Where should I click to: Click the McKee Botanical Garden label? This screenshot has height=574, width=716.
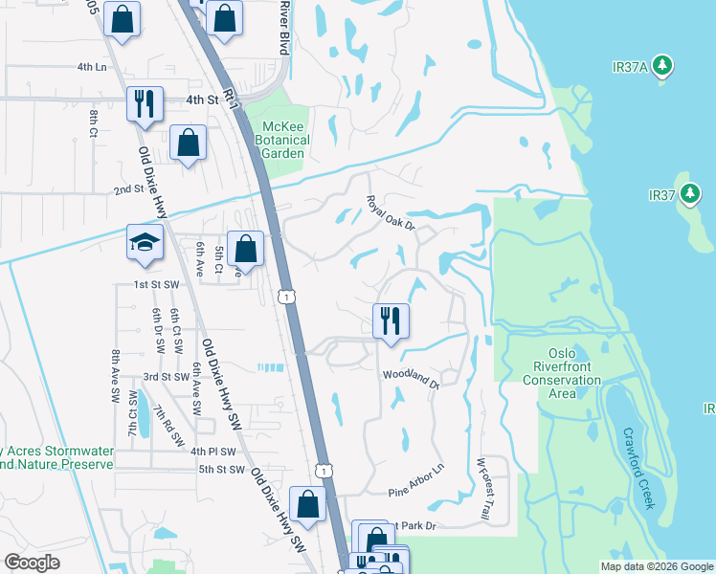point(286,140)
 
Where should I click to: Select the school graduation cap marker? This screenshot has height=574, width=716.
point(144,243)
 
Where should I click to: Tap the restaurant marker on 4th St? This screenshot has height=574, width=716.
point(145,103)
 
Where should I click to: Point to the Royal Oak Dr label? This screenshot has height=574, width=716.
point(390,213)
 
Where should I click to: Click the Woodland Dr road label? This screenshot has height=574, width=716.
point(411,380)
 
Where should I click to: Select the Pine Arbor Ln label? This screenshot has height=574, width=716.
point(416,480)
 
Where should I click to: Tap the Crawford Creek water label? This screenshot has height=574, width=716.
point(638,468)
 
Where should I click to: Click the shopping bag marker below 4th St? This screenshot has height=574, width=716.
point(189,143)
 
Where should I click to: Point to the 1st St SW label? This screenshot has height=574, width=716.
point(157,285)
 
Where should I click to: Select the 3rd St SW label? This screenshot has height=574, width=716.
point(168,377)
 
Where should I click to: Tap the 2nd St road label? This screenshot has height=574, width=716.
point(129,189)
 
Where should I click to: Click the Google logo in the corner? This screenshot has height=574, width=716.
point(33,563)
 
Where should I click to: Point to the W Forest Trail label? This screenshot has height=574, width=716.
point(482,490)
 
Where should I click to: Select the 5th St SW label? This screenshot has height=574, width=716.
point(222,469)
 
